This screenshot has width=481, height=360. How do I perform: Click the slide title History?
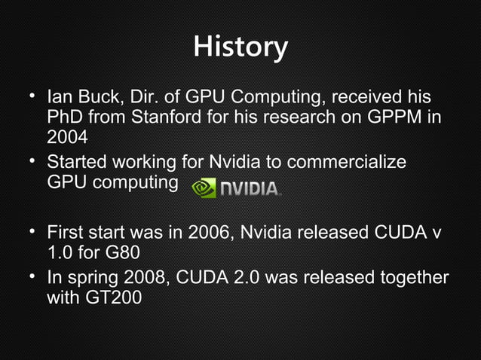pos(240,47)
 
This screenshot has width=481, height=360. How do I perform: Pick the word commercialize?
pos(352,163)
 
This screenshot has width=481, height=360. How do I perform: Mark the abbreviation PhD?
pos(65,118)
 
